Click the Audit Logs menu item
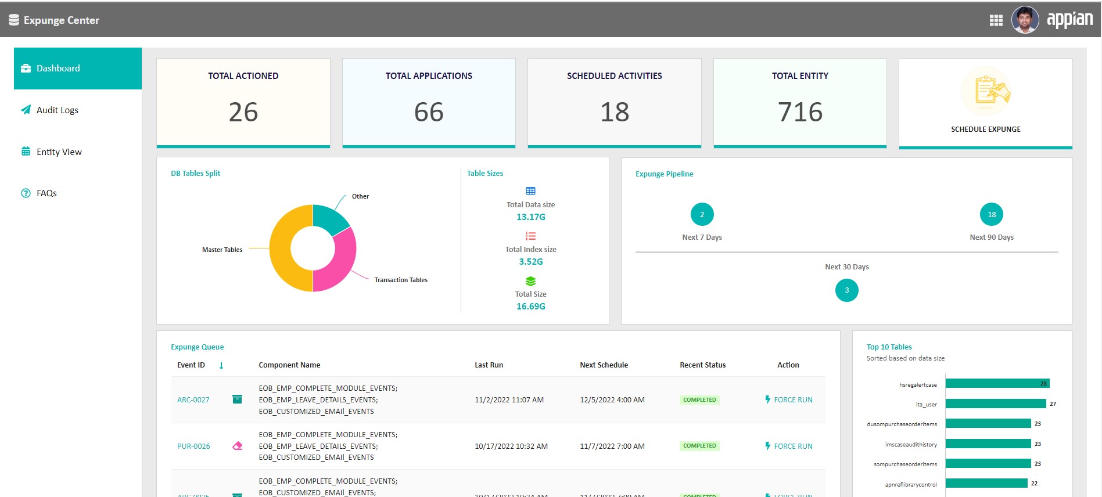[x=57, y=110]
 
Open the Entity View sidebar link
[x=59, y=152]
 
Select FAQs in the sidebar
[x=46, y=193]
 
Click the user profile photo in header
[x=1025, y=20]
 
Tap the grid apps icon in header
[x=996, y=21]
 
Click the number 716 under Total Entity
[x=800, y=112]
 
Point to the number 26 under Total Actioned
[x=243, y=112]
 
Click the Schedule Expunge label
[x=985, y=129]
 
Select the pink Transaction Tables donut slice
[x=340, y=264]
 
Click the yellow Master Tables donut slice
[x=282, y=248]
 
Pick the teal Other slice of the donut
[x=329, y=218]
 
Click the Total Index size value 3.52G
[x=531, y=262]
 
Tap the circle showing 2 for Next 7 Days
[x=702, y=215]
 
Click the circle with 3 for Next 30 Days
[x=846, y=290]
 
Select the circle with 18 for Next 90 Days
[x=991, y=215]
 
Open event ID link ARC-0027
[x=193, y=400]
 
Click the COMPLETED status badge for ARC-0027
[x=699, y=400]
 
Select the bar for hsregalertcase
[x=997, y=384]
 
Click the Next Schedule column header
[x=604, y=365]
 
